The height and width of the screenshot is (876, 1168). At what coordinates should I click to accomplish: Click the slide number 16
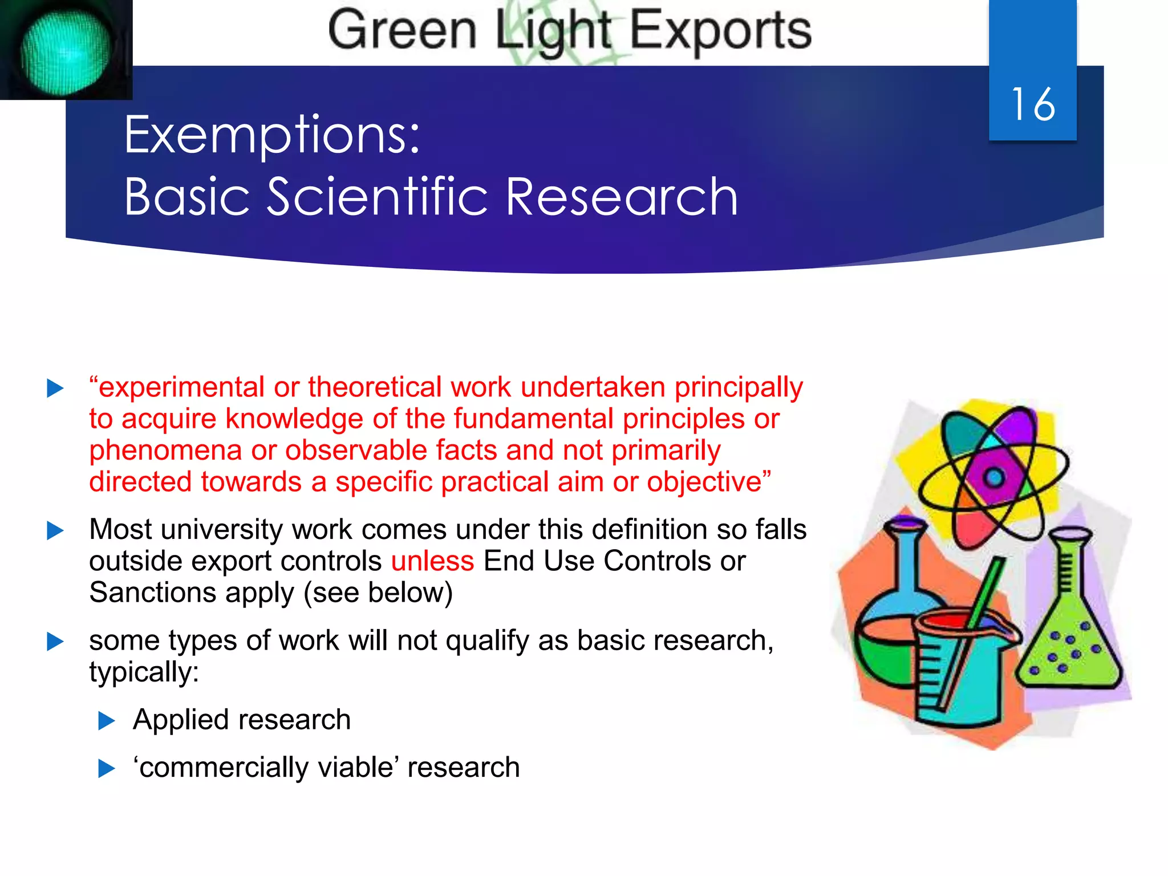pyautogui.click(x=1033, y=104)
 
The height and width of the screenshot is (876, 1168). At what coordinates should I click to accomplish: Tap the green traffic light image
pyautogui.click(x=65, y=54)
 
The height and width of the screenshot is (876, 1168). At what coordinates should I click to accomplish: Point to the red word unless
pyautogui.click(x=432, y=561)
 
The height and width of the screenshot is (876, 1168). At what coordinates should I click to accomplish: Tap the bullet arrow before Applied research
pyautogui.click(x=107, y=721)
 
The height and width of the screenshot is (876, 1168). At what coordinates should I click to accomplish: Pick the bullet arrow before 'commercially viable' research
pyautogui.click(x=107, y=768)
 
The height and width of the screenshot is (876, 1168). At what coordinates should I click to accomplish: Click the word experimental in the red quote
pyautogui.click(x=181, y=387)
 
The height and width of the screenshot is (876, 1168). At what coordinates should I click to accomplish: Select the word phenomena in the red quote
pyautogui.click(x=165, y=451)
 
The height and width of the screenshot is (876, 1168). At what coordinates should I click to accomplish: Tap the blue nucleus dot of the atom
pyautogui.click(x=995, y=476)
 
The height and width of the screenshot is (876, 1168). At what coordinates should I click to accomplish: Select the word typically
pyautogui.click(x=144, y=672)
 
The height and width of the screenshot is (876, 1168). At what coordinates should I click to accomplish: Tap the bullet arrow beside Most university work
pyautogui.click(x=55, y=531)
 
